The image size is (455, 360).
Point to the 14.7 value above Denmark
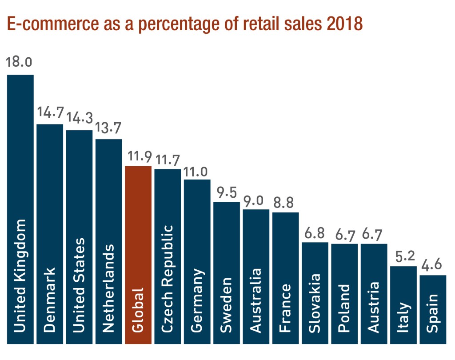[49, 113]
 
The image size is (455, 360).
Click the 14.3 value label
[79, 118]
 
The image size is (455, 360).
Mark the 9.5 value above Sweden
[227, 192]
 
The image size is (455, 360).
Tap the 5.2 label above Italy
[403, 256]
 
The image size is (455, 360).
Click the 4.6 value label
[433, 265]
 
